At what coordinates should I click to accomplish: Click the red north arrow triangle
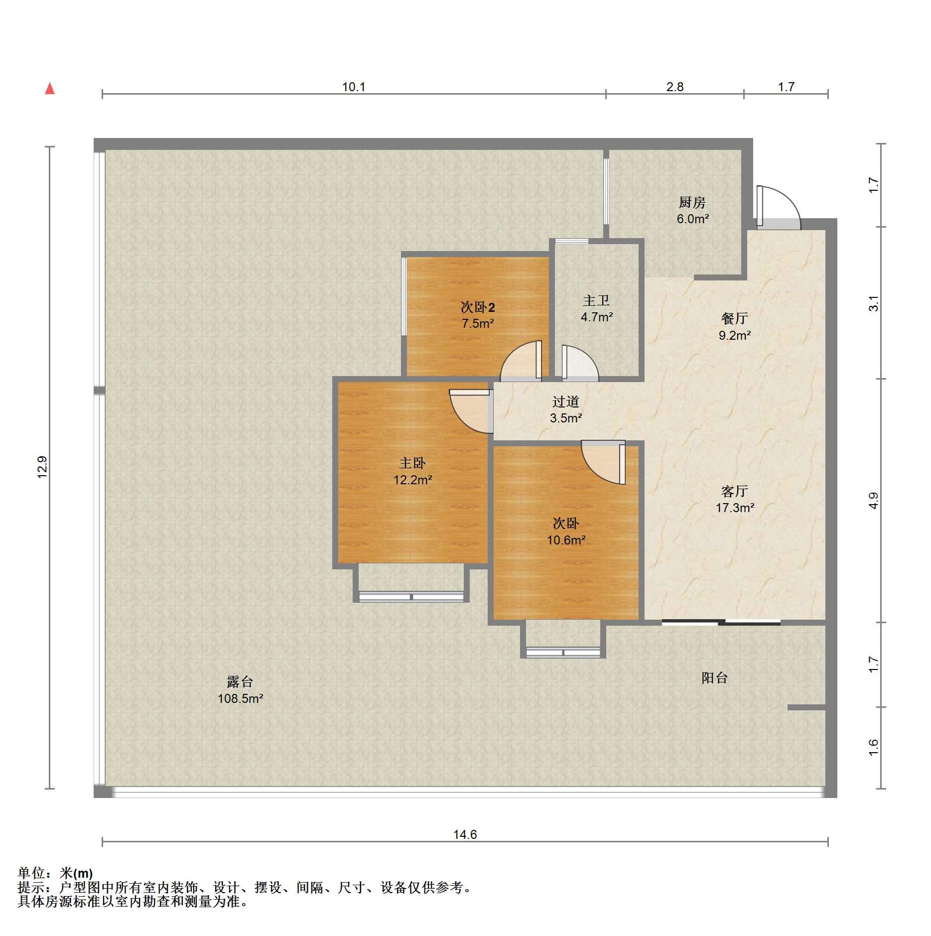point(50,89)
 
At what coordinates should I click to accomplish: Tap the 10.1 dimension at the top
point(354,87)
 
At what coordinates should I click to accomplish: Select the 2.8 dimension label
point(675,87)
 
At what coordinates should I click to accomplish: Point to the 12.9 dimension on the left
point(42,467)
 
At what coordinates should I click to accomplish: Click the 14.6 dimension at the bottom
point(465,834)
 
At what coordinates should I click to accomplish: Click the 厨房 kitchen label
point(692,203)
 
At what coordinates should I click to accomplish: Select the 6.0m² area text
point(693,219)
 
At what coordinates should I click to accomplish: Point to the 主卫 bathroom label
point(596,300)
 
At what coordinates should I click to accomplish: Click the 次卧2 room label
point(478,307)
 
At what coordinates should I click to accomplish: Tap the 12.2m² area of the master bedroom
point(413,480)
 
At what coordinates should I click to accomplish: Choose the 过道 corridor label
point(566,401)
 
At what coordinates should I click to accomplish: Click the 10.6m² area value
point(566,540)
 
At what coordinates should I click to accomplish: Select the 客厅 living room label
point(735,492)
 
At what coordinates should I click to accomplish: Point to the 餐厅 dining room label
point(735,318)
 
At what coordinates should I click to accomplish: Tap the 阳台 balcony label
point(715,677)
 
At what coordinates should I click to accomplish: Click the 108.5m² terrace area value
point(241,698)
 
